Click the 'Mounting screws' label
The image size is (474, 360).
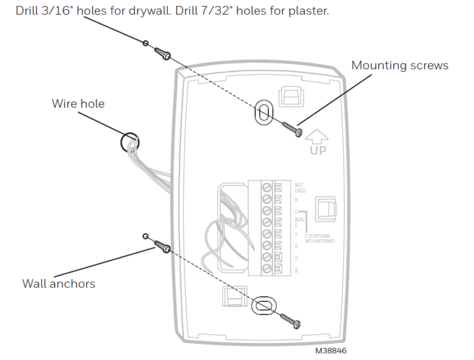(400, 65)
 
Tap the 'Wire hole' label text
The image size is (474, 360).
(78, 104)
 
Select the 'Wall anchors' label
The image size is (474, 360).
(59, 284)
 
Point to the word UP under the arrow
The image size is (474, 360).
(318, 149)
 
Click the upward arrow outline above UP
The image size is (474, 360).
(318, 134)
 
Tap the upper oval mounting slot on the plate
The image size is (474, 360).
(263, 112)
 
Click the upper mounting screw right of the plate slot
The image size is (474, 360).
(291, 128)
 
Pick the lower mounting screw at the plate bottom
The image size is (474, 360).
(291, 320)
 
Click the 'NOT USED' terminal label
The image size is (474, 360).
(300, 188)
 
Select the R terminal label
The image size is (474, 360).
(296, 200)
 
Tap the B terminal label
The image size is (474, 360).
(296, 270)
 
